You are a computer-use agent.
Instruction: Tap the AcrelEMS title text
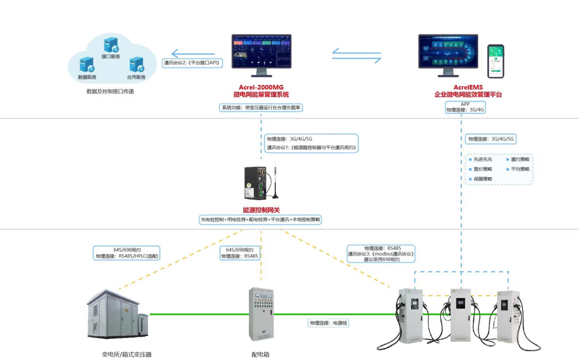(468, 87)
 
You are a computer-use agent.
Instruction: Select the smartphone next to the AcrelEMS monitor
(496, 61)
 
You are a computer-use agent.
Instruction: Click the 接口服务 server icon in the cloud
(110, 45)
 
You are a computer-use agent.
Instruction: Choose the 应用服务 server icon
(136, 65)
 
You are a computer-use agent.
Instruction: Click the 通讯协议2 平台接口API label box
(192, 63)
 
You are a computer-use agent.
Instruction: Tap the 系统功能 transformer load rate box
(261, 107)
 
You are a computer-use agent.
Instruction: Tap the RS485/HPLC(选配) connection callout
(127, 253)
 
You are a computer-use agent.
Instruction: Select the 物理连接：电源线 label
(328, 323)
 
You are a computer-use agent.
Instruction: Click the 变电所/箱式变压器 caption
(126, 355)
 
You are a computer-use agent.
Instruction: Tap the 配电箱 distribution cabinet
(261, 314)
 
